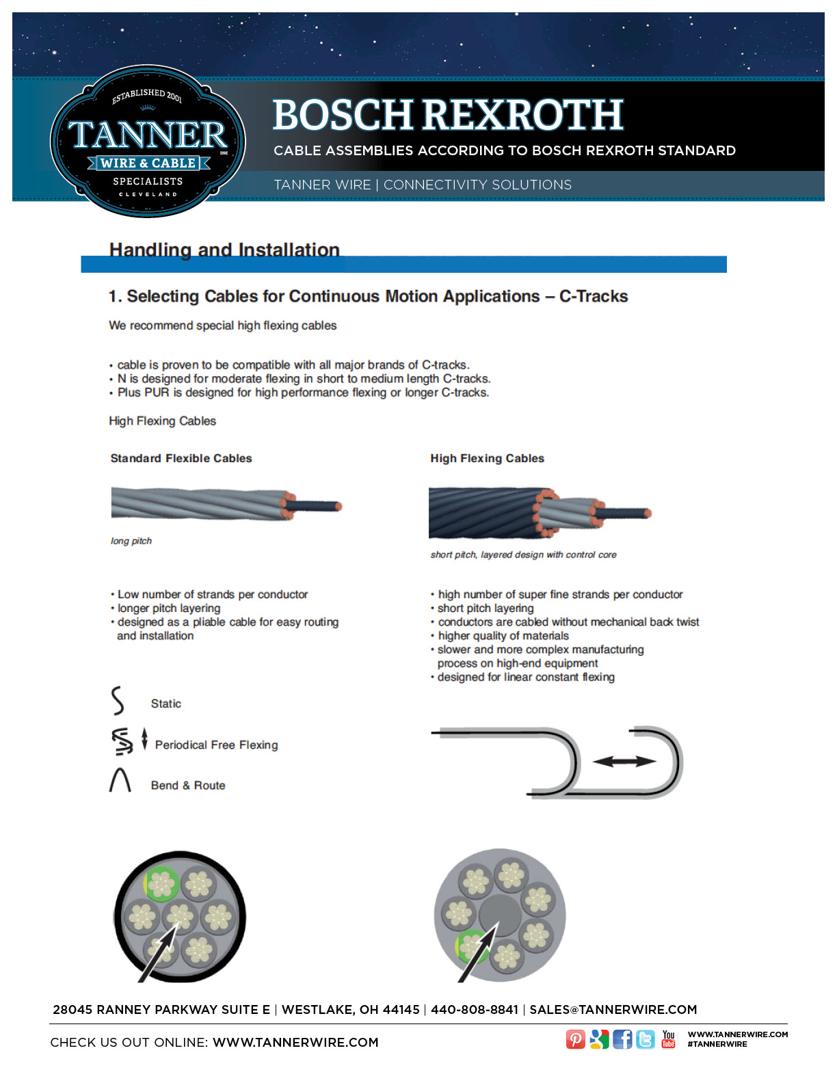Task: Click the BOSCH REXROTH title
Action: tap(448, 115)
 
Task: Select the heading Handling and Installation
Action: tap(224, 250)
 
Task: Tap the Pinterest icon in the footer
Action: tap(576, 1039)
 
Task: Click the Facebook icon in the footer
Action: tap(622, 1039)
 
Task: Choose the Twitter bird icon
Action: tap(645, 1039)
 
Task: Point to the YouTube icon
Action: tap(668, 1039)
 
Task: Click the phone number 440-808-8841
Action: tap(475, 1010)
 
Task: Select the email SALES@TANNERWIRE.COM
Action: tap(613, 1010)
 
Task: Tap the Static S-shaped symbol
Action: tap(118, 701)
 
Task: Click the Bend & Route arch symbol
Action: tap(120, 780)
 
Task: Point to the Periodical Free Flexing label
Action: tap(216, 745)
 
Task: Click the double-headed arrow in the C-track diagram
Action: tap(624, 761)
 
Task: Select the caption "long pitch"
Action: tap(131, 541)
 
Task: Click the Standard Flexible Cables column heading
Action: tap(181, 458)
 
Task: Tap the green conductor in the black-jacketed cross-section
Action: tap(161, 884)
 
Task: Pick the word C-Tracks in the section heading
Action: tap(594, 296)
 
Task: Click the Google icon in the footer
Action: tap(599, 1039)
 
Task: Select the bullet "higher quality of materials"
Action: tap(503, 636)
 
